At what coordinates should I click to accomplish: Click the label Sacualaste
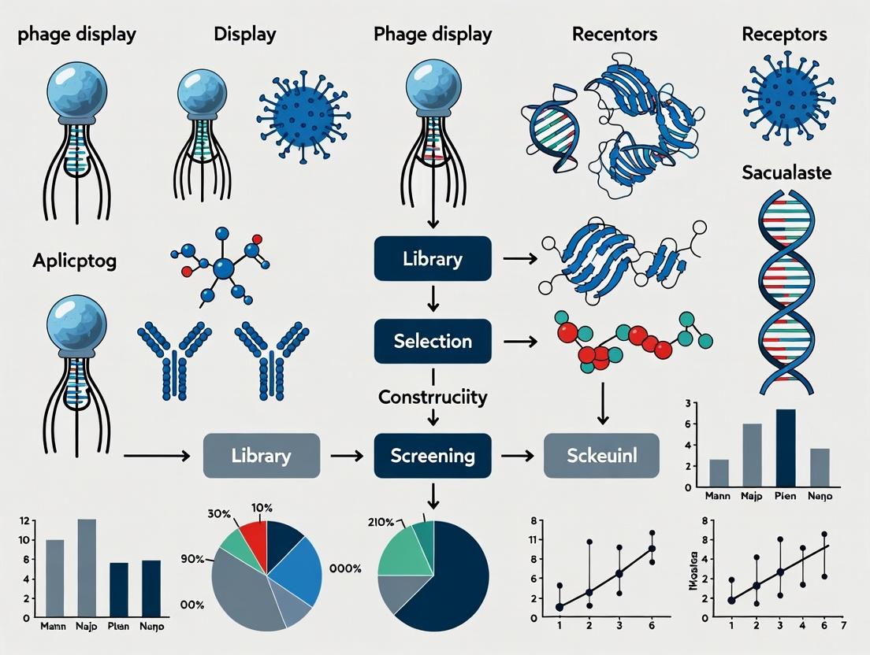[786, 173]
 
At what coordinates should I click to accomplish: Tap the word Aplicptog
[75, 261]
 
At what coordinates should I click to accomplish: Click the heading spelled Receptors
[784, 35]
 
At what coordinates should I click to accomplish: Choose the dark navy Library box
[433, 259]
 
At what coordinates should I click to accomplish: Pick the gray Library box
[262, 455]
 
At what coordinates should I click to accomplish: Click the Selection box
[433, 341]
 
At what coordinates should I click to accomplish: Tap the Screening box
[433, 455]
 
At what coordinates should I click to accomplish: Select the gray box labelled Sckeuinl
[601, 455]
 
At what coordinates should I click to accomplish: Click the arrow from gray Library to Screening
[344, 455]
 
